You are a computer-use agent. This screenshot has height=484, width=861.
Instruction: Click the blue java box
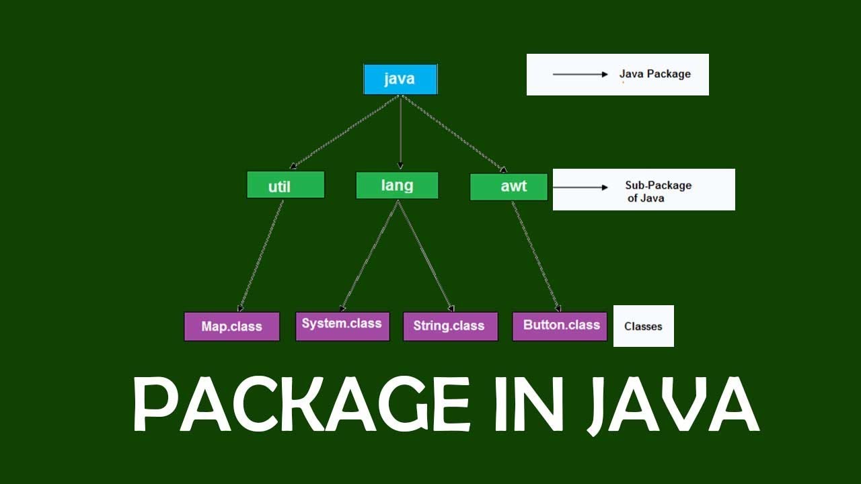(x=400, y=79)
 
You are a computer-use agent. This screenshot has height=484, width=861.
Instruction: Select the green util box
(x=285, y=185)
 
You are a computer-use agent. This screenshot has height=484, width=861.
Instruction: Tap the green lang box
(x=397, y=186)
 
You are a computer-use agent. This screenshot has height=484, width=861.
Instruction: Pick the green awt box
(x=509, y=187)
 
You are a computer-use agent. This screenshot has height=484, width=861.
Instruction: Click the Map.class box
(x=231, y=327)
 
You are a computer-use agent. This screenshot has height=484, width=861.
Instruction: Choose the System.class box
(x=342, y=325)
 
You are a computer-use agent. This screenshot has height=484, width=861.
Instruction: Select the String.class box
(x=450, y=326)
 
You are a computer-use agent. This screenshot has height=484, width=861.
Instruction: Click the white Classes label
(x=643, y=327)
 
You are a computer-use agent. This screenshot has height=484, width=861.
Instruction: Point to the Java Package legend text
(x=654, y=74)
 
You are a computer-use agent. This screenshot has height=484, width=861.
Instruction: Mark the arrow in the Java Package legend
(x=580, y=74)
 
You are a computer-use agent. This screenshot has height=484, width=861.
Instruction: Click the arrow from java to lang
(x=400, y=131)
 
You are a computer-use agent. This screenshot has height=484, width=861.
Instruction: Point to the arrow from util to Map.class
(x=261, y=255)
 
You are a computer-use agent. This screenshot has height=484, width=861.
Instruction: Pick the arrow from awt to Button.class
(x=535, y=255)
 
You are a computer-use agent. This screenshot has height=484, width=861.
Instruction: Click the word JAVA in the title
(x=673, y=405)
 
